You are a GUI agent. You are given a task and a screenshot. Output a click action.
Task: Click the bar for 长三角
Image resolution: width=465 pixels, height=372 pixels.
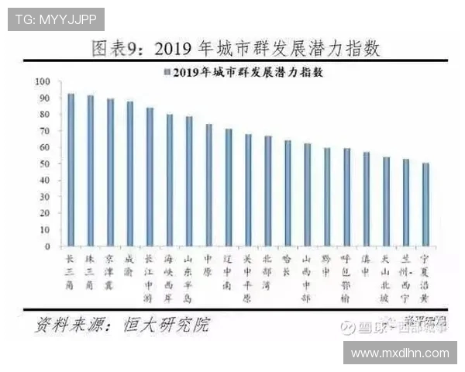click(71, 170)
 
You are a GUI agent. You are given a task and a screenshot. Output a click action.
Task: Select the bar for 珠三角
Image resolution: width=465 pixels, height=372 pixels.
click(91, 171)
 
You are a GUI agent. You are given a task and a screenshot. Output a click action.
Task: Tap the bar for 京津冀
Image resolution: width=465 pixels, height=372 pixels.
click(110, 173)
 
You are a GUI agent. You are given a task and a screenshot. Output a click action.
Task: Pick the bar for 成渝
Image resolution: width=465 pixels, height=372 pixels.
click(129, 174)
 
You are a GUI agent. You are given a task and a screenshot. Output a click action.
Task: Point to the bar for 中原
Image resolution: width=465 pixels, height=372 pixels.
click(208, 185)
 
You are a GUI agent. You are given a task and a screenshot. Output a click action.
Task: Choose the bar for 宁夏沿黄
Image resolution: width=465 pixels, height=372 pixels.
click(425, 205)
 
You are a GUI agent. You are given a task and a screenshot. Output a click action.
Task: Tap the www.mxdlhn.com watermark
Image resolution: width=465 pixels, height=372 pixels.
click(400, 353)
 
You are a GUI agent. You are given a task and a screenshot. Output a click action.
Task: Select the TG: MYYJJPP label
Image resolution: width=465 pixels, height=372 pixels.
click(56, 19)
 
